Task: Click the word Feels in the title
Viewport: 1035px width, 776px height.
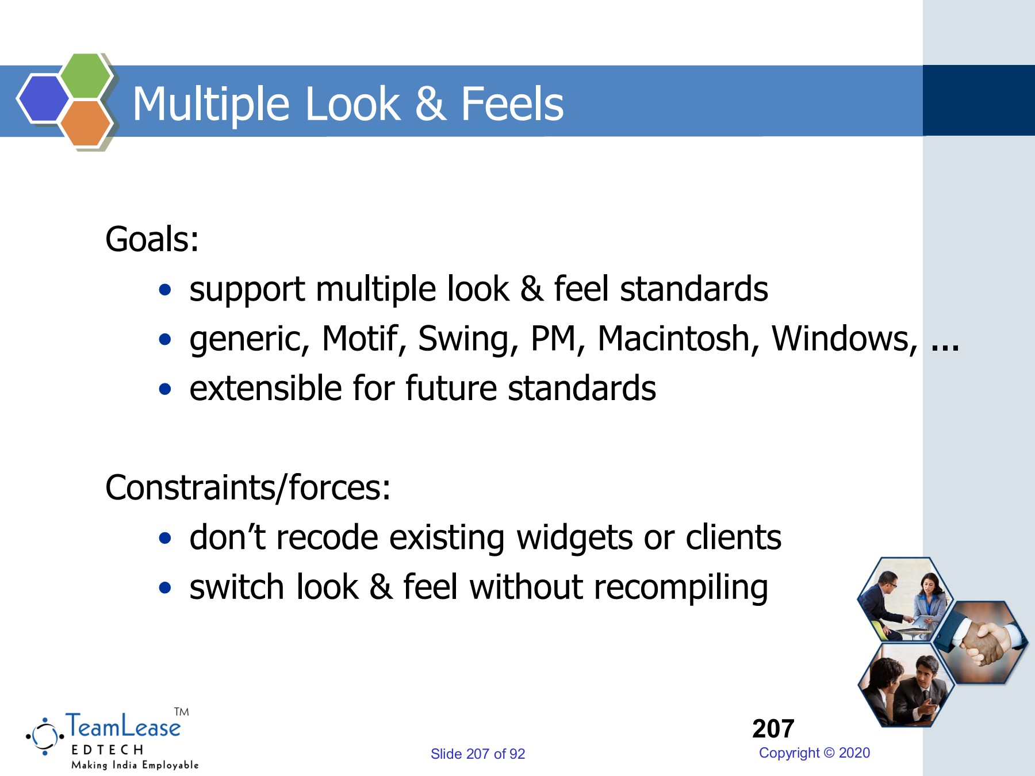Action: (512, 104)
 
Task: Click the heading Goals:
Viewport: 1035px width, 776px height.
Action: (152, 239)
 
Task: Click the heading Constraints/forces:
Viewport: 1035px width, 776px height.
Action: (248, 488)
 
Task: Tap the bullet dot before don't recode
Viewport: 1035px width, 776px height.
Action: (166, 539)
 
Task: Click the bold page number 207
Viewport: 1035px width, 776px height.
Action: (773, 729)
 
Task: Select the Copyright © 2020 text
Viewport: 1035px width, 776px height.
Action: (814, 753)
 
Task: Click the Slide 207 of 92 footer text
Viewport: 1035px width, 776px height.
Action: (477, 754)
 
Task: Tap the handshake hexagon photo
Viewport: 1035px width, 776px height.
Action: (980, 642)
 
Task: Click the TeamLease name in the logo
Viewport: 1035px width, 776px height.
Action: (123, 727)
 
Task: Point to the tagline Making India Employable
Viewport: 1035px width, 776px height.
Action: (135, 765)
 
